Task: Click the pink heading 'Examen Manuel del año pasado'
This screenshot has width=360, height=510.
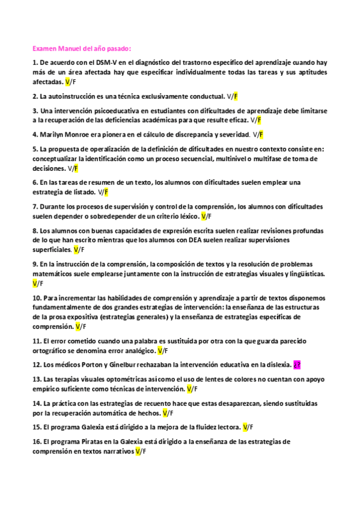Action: point(81,49)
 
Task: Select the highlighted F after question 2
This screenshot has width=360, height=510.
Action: point(236,96)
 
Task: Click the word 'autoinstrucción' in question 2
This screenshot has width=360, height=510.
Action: point(72,96)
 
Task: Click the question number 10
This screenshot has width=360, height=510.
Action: point(36,297)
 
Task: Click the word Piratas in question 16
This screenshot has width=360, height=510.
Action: point(90,441)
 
